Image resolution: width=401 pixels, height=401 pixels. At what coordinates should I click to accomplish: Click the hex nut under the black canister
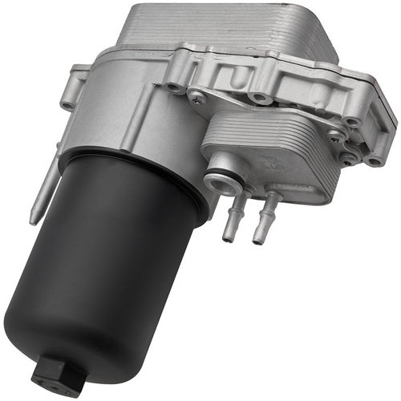click(x=49, y=375)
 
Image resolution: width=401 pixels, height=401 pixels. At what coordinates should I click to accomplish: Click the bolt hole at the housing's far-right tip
click(x=374, y=161)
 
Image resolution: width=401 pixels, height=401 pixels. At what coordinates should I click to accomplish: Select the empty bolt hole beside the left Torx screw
click(x=172, y=87)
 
